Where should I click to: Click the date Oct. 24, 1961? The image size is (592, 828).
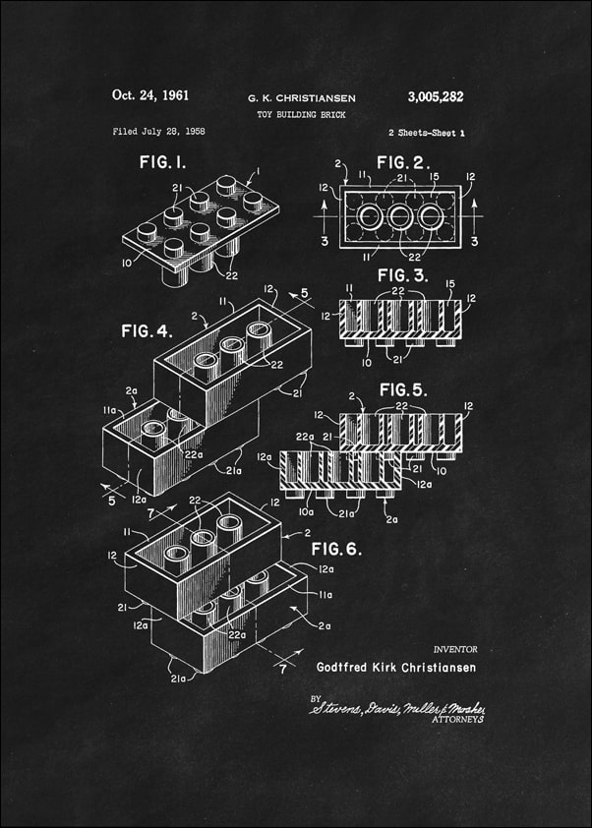pyautogui.click(x=150, y=96)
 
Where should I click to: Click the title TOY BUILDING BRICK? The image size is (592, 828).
pyautogui.click(x=301, y=115)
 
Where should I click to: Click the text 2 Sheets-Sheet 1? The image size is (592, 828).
pyautogui.click(x=426, y=132)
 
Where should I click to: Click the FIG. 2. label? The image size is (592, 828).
pyautogui.click(x=406, y=161)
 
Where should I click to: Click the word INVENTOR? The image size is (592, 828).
pyautogui.click(x=454, y=649)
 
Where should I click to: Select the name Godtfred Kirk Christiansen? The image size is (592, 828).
pyautogui.click(x=395, y=668)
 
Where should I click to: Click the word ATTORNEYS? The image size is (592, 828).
pyautogui.click(x=458, y=720)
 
